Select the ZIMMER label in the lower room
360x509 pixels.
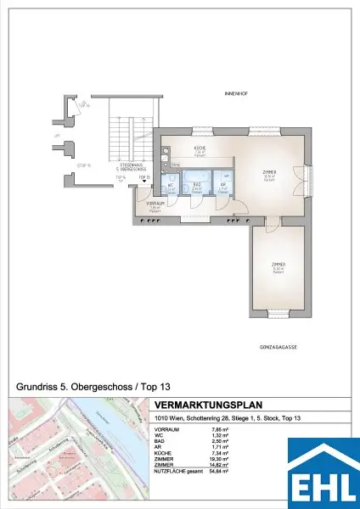[278, 266]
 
